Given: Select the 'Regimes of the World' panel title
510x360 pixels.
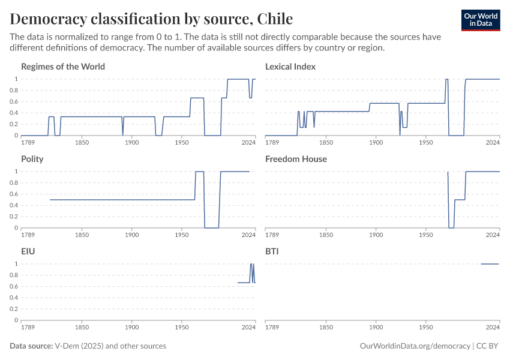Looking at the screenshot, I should point(63,67).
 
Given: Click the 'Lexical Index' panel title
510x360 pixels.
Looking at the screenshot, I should point(290,67).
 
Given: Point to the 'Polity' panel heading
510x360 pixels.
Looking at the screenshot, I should point(32,159).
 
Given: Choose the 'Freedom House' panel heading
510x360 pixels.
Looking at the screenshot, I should point(296,159).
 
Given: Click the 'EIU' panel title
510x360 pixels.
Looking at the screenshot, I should point(28,251).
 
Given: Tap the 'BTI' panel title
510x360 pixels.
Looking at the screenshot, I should point(272,251).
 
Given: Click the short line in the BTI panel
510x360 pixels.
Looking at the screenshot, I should point(490,264).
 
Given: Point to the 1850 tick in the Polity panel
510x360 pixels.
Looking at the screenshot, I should point(82,235).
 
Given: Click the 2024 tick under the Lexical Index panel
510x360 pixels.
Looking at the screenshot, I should point(493,143).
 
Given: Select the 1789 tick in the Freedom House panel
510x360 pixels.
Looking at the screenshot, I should point(272,235).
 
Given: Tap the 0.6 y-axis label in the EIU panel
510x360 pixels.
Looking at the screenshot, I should point(14,286).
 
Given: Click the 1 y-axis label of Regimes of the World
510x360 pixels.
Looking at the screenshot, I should point(16,79).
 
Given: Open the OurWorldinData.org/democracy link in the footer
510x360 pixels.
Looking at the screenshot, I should point(415,346).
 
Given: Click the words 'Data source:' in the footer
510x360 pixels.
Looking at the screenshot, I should point(31,346).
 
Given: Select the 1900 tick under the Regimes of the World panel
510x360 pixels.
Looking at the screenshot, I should point(131,143).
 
